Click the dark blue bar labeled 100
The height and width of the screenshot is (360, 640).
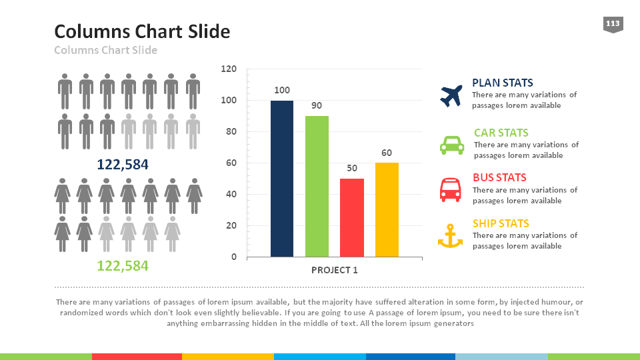pos(282,179)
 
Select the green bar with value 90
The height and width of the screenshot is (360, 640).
pos(317,186)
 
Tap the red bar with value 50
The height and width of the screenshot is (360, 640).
pos(352,217)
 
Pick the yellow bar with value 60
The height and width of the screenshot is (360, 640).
pos(387,209)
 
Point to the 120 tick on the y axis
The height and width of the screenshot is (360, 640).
pos(229,69)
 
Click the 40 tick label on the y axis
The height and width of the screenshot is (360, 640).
pos(231,194)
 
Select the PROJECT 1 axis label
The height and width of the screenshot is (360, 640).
pos(335,270)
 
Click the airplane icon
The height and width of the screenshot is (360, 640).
pos(451,95)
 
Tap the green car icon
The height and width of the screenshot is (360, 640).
pos(451,145)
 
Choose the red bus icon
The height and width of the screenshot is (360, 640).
pos(450,189)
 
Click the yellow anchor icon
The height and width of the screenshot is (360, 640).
pos(450,236)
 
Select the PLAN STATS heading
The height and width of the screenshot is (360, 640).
pos(502,83)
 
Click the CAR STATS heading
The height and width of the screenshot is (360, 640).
pos(501,133)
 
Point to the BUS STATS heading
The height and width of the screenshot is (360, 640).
pos(499,177)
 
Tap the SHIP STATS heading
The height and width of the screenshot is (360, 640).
pos(501,223)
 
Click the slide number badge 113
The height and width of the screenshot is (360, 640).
pos(613,25)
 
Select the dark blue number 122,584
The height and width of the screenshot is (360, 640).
pos(123,165)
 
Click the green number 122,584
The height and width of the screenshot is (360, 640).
pos(123,266)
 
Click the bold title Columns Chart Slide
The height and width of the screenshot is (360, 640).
pos(142,31)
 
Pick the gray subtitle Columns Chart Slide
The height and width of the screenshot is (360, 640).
pos(105,50)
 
